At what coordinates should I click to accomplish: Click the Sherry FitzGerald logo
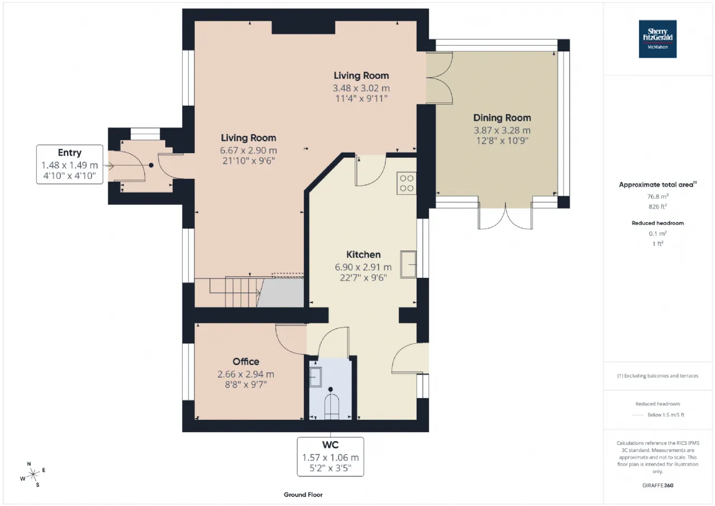coord(657,39)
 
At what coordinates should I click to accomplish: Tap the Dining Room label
coord(502,118)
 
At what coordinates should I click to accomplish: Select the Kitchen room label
coord(364,254)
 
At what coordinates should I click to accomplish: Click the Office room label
coord(246,362)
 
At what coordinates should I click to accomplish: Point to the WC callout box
coord(330,456)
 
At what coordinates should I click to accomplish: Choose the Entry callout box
coord(70,164)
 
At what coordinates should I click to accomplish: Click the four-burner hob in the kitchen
coord(407,183)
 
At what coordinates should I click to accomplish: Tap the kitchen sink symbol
coord(408,264)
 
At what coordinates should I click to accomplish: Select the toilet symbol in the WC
coord(332,404)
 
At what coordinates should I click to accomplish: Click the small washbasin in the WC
coord(316,377)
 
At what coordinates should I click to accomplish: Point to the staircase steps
coord(235,292)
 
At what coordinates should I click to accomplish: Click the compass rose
coord(33,474)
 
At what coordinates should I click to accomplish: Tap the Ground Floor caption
coord(303,494)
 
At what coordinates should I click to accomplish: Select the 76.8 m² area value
coord(657,196)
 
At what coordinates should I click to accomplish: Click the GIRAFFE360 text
coord(657,485)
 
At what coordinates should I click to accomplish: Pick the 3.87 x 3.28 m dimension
coord(502,130)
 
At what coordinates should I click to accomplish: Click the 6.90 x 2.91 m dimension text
coord(363,267)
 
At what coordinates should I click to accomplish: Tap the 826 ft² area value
coord(657,206)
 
